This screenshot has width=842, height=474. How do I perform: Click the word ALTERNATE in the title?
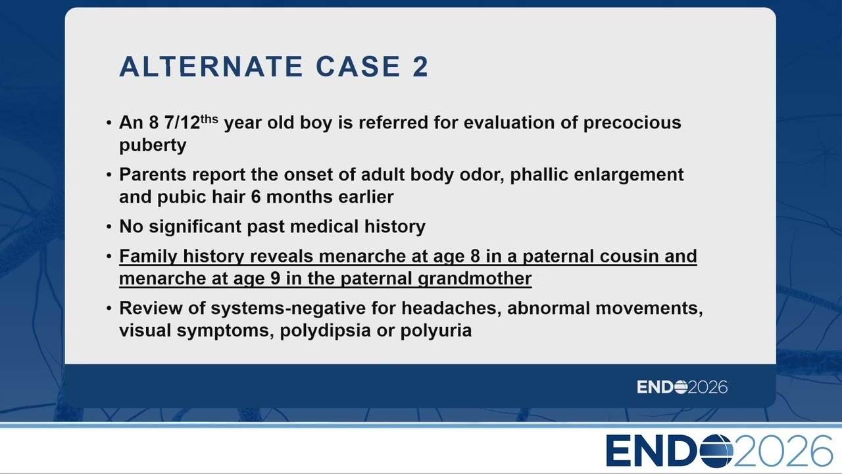(211, 66)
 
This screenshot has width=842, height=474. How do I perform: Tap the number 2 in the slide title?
(420, 66)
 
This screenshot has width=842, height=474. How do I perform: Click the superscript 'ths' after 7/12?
(209, 119)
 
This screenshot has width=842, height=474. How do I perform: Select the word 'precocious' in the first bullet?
(632, 122)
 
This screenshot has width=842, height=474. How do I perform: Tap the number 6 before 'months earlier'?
(256, 197)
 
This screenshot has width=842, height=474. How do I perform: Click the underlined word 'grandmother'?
(475, 278)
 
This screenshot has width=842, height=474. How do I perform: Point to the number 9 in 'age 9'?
(275, 278)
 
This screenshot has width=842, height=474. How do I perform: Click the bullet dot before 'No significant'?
(109, 227)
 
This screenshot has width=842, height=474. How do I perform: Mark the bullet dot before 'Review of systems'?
(109, 309)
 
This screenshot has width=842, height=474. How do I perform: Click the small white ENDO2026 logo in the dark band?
(682, 386)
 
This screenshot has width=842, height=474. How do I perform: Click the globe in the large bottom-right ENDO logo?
(716, 451)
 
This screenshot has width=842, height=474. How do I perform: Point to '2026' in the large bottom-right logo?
(783, 451)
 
